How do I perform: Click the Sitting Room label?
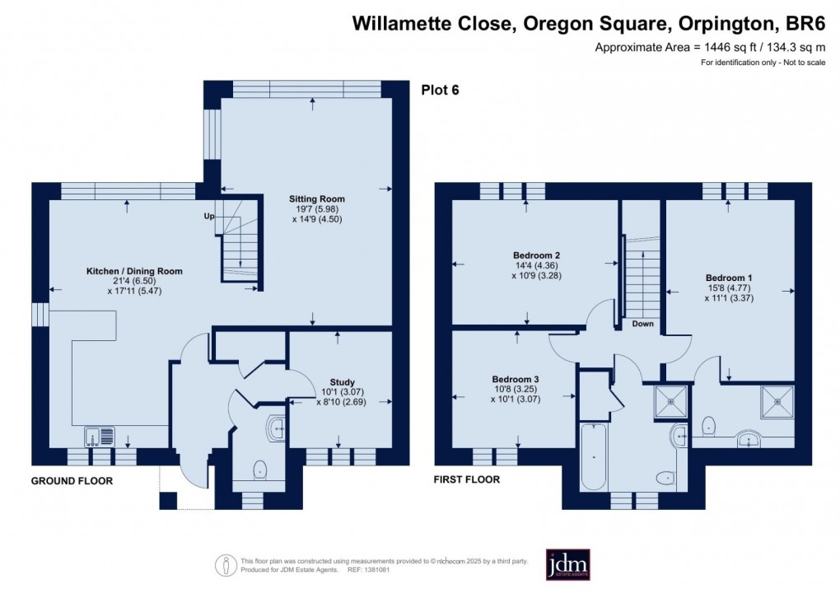[316, 199]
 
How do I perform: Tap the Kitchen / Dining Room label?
[134, 270]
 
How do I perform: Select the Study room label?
[343, 382]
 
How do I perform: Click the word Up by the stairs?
[210, 216]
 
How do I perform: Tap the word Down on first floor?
[643, 324]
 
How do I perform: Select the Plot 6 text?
[441, 91]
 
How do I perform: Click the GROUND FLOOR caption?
[72, 480]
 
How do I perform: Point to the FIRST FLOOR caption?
[467, 479]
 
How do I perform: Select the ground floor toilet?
[260, 468]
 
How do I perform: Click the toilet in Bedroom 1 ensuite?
[710, 426]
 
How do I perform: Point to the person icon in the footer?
[224, 565]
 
